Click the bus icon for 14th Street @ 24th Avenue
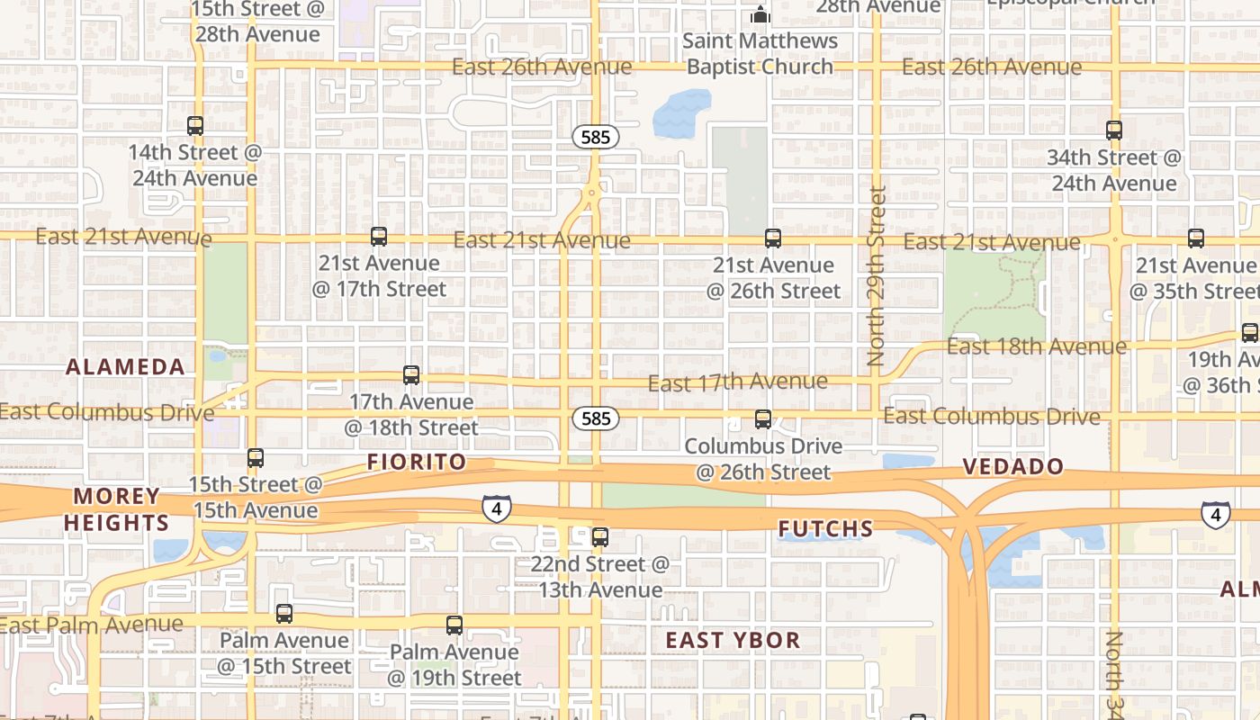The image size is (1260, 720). point(195,126)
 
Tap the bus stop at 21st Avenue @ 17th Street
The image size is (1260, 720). point(379,237)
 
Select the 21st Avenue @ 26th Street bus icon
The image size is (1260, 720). point(773,238)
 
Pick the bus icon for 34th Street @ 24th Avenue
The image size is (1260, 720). point(1114,130)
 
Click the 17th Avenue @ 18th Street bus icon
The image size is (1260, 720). point(411,375)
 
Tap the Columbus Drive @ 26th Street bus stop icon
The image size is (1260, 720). point(763,419)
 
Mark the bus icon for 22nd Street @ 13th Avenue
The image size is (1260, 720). point(600,538)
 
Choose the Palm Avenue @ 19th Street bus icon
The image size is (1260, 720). point(454,625)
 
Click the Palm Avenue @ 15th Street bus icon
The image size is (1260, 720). point(284,614)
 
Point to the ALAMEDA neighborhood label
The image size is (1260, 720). point(126,367)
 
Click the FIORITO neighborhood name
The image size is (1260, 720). point(417,463)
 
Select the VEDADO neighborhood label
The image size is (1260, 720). point(1013,467)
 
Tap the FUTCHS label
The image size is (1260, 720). point(825,529)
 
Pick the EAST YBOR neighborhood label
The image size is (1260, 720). point(733,641)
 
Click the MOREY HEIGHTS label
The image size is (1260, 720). point(116,509)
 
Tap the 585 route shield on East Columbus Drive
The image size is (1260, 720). point(596,418)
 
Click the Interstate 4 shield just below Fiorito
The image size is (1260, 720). point(496,508)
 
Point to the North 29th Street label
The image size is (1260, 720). point(877,275)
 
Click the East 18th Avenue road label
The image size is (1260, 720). point(1036,346)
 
